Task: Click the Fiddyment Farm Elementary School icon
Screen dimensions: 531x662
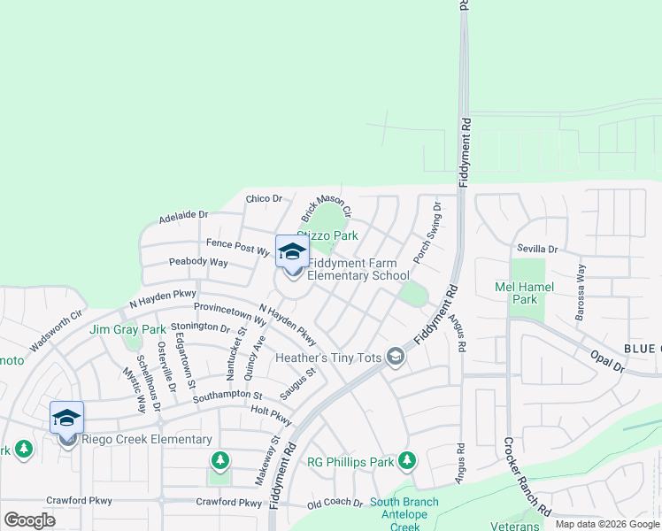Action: [x=291, y=253]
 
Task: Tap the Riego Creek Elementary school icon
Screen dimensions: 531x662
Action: [x=66, y=419]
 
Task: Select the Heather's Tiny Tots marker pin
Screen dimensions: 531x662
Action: [x=396, y=357]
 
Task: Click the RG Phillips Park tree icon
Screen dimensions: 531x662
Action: [x=406, y=460]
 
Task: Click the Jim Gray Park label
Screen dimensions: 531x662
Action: [x=127, y=330]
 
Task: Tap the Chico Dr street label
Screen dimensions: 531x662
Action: [x=264, y=199]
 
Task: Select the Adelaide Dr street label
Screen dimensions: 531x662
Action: [x=183, y=215]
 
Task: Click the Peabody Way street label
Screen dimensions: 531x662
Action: [x=197, y=264]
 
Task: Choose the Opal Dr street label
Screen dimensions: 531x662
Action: [x=607, y=361]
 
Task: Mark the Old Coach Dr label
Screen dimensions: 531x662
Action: [x=335, y=504]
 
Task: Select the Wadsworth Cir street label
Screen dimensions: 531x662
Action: [x=56, y=327]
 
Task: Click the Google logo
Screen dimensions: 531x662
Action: [x=29, y=520]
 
